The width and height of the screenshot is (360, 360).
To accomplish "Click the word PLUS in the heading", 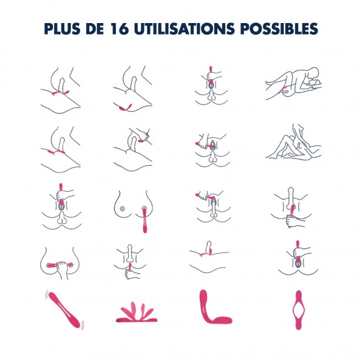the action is [62, 29].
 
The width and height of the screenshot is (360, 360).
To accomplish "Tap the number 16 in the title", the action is [119, 29].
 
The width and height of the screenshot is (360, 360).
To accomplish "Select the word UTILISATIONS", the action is [185, 29].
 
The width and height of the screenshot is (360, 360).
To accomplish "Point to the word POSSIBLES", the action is [279, 29].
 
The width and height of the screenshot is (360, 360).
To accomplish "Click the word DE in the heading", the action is [95, 29].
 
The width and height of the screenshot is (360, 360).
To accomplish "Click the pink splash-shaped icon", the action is [137, 313].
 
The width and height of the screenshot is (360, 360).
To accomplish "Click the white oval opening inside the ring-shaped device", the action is [299, 310].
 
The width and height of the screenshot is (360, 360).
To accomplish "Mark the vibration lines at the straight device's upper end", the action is [47, 294].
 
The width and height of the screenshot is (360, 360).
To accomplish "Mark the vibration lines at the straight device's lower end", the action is [82, 325].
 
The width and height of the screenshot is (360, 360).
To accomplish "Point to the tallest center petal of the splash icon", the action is [133, 310].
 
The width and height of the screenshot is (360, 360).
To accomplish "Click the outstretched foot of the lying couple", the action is [269, 83].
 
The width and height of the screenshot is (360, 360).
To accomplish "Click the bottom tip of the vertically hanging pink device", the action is [145, 231].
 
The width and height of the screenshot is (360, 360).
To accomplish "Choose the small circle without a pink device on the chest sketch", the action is [123, 208].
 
